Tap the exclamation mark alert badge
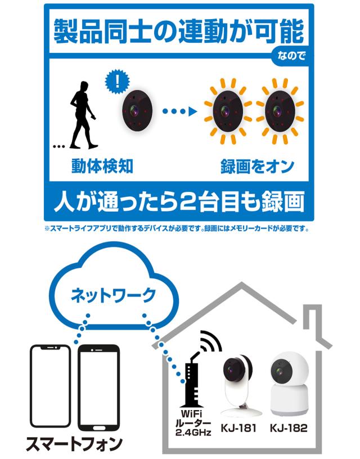[x=117, y=82]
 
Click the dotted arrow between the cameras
[x=179, y=111]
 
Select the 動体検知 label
[x=102, y=166]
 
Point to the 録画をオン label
[x=257, y=166]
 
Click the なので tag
[x=291, y=56]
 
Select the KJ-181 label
[x=238, y=428]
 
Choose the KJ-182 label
[x=289, y=428]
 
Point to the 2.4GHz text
[x=193, y=433]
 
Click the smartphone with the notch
[x=51, y=386]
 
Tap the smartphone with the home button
[x=99, y=388]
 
